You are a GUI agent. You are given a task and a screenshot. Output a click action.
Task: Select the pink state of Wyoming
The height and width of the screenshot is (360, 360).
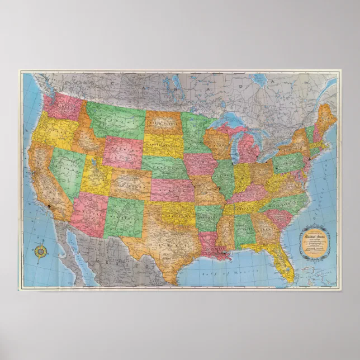[x=122, y=151]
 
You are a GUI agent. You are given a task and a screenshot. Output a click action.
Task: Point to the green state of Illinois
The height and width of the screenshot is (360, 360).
[x=223, y=178]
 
